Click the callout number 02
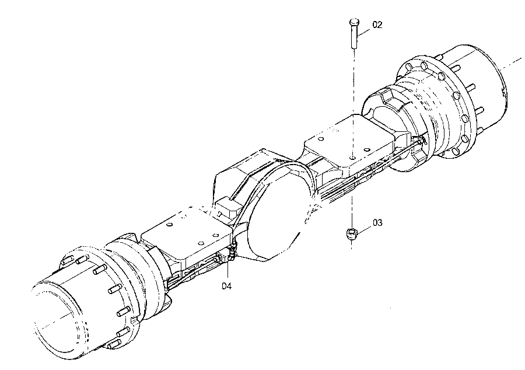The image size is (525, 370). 377,25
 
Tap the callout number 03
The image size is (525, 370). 377,223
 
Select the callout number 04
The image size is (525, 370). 226,286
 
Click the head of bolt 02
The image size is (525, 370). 354,22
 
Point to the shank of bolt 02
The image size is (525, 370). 354,37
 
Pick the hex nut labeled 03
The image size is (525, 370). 352,233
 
